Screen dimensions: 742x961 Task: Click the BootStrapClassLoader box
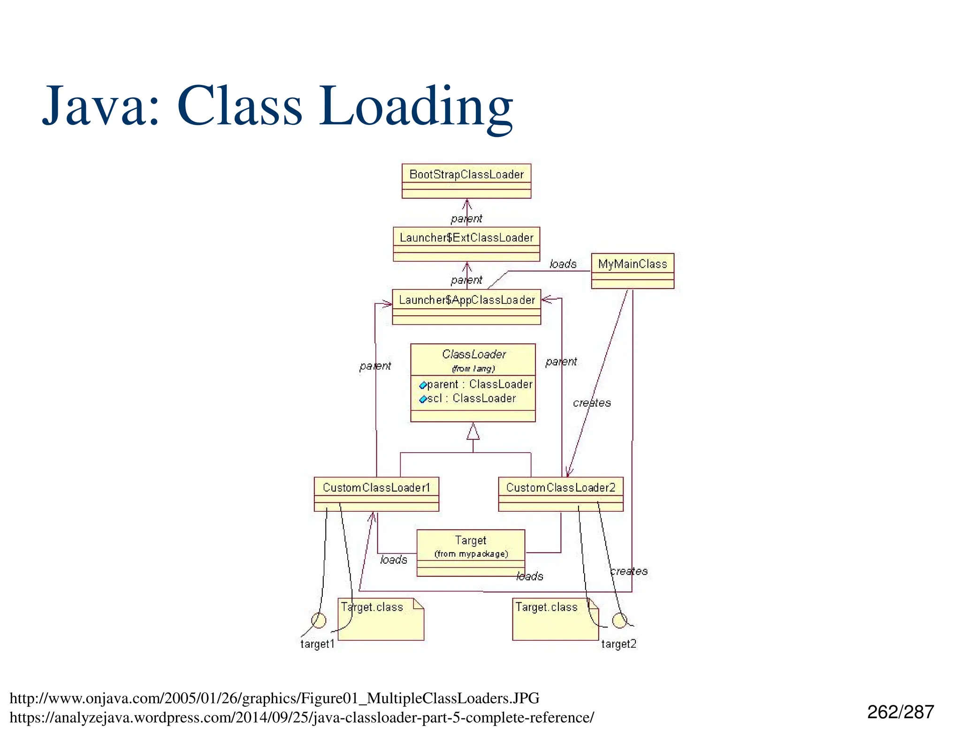[466, 181]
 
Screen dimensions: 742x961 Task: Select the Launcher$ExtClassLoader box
[466, 244]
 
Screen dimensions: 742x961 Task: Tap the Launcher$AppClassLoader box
[466, 306]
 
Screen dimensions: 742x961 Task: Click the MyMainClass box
[632, 271]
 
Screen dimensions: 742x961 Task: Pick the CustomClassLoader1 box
[376, 494]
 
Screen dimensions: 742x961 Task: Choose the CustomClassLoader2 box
[560, 494]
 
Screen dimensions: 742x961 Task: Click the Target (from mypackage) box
[470, 552]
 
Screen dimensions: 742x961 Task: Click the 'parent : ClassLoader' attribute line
[479, 384]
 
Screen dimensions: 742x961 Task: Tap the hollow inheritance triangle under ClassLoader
[473, 432]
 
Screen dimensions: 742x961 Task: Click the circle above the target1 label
[319, 620]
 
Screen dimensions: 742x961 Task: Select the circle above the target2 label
[619, 620]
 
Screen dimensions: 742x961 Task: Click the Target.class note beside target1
[381, 619]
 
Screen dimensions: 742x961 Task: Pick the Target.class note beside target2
[555, 619]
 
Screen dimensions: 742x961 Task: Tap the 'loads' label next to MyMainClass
[563, 264]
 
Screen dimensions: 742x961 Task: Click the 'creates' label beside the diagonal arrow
[592, 403]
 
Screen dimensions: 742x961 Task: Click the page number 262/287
[900, 712]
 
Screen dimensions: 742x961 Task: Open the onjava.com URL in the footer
[275, 698]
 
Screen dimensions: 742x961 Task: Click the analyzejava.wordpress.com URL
[301, 718]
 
